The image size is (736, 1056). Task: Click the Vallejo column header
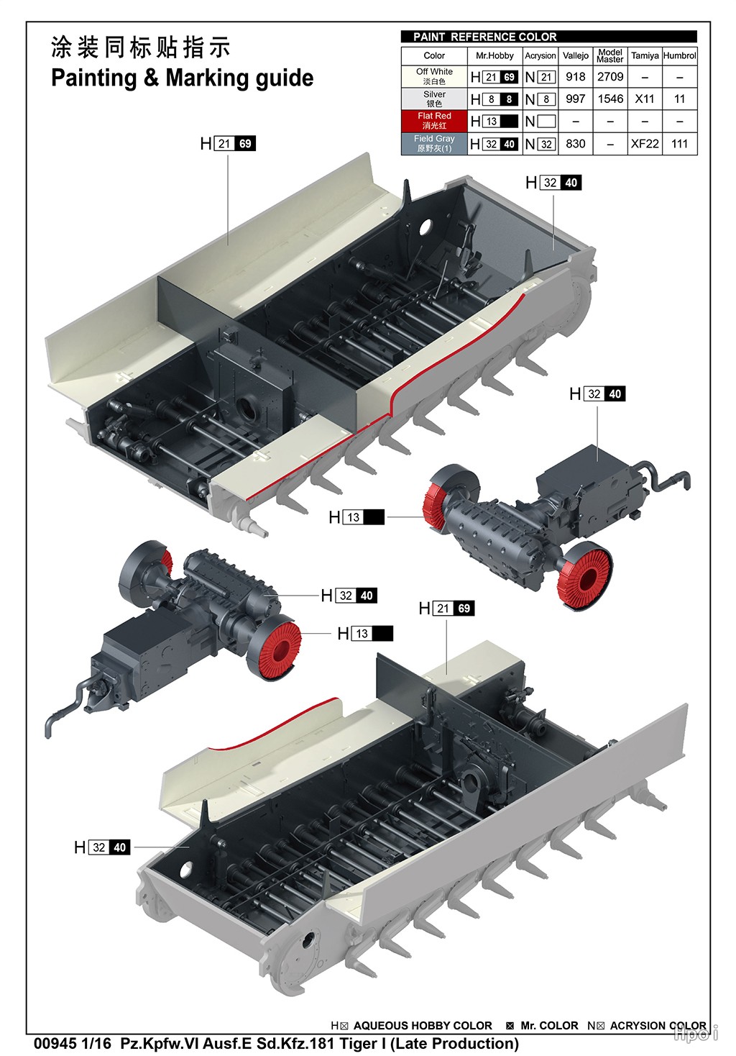click(576, 55)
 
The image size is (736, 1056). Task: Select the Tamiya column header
click(645, 55)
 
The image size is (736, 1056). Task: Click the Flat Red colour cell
click(434, 121)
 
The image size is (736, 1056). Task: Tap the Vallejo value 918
click(576, 76)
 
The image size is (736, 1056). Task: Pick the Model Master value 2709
click(610, 76)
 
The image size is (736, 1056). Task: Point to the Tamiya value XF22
click(645, 143)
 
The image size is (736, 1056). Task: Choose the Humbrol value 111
click(680, 143)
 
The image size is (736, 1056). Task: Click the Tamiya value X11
click(645, 99)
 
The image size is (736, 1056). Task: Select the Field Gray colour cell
click(434, 143)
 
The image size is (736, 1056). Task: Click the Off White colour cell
click(434, 76)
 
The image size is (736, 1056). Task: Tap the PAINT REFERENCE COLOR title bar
click(548, 37)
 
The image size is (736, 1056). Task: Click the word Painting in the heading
click(94, 78)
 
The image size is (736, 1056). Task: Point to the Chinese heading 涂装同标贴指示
click(141, 47)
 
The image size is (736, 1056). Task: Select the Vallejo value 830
click(576, 143)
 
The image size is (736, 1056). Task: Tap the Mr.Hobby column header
click(494, 55)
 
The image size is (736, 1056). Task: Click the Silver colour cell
click(434, 99)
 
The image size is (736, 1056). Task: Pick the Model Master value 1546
click(610, 99)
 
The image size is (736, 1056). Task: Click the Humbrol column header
click(680, 55)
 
